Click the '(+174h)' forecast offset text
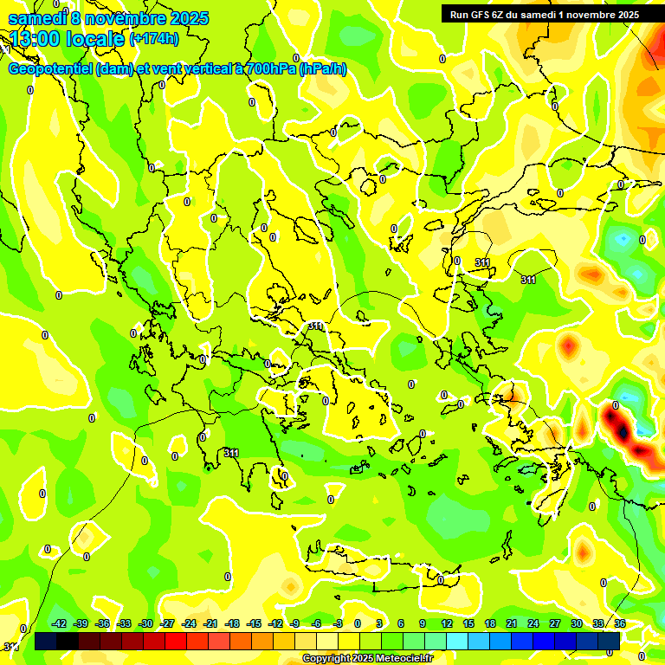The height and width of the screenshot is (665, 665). pos(154,39)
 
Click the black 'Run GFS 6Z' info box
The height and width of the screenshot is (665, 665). pos(544,14)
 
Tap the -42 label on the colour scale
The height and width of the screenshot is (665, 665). pos(59,623)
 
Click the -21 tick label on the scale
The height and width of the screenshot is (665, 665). pos(210,623)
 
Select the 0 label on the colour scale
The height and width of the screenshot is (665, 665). pos(357,623)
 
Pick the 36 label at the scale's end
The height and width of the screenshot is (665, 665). pos(620,623)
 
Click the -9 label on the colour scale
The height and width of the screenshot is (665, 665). pos(294,623)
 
